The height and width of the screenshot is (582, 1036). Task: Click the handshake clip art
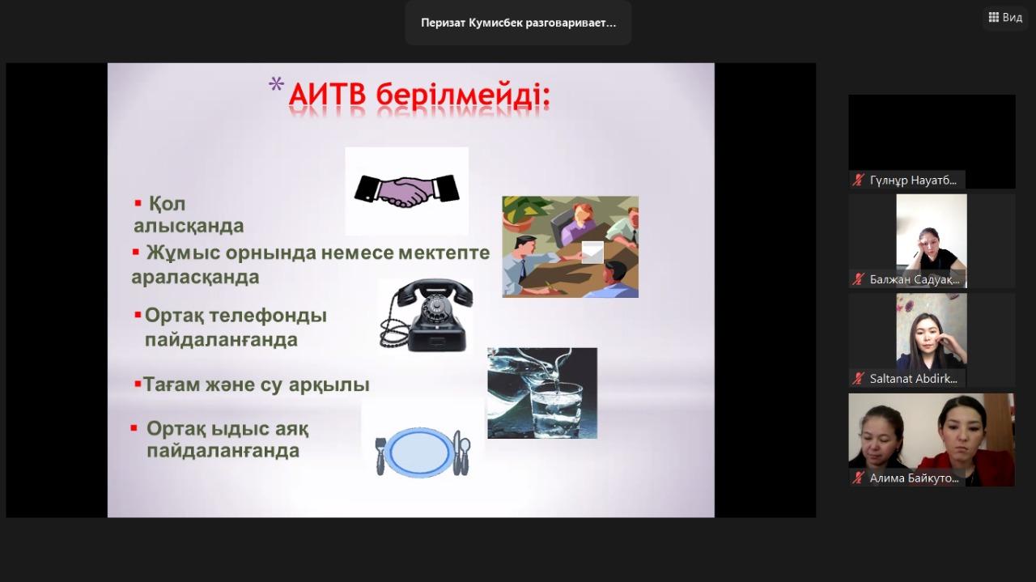click(x=406, y=190)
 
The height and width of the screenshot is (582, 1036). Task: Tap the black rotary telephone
click(x=425, y=316)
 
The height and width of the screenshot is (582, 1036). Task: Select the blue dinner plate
click(x=420, y=452)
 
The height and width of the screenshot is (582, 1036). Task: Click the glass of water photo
click(x=542, y=393)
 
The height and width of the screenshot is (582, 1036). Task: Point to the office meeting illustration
click(x=571, y=247)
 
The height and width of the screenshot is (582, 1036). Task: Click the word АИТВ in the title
click(x=327, y=96)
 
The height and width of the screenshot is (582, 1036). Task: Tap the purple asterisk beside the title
click(x=276, y=84)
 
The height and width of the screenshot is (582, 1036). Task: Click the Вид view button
click(x=1006, y=18)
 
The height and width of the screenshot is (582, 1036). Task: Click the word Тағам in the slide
click(x=171, y=385)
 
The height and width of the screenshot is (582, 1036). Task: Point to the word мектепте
click(x=444, y=253)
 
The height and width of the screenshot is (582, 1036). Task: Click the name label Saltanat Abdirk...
click(x=913, y=379)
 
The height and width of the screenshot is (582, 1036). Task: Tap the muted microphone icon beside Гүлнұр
click(x=859, y=180)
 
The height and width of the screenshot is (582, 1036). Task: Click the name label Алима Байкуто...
click(x=914, y=478)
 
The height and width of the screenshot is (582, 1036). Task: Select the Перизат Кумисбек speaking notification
click(x=518, y=23)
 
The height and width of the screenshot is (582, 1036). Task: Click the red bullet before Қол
click(x=138, y=202)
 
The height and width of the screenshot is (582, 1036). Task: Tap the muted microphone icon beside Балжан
click(x=859, y=279)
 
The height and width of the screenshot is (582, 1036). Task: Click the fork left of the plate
click(x=380, y=456)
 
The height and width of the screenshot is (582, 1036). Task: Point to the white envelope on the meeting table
click(x=592, y=252)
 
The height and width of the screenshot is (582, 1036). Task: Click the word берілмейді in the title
click(x=462, y=96)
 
